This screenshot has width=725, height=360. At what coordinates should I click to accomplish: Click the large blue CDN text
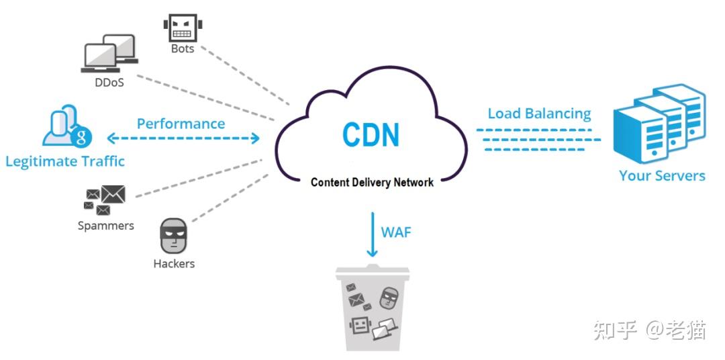coord(371,134)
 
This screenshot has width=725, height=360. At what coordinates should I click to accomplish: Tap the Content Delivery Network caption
coord(372,182)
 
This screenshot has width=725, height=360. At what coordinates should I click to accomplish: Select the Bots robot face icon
coord(183,28)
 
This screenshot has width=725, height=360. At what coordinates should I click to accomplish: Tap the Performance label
coord(181,124)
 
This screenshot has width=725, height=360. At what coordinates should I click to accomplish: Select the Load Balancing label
coord(539,114)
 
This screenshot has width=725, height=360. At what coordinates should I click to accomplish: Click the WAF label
coord(396,232)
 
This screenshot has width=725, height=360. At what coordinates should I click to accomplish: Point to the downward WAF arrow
coord(371,234)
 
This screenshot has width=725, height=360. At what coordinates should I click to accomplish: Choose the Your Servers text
coord(662,176)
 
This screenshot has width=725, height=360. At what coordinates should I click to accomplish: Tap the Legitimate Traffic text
coord(65,161)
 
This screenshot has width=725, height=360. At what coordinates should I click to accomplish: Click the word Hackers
coord(174,264)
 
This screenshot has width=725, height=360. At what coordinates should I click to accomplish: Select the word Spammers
coord(105,226)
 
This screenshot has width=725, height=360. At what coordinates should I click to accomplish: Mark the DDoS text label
coord(109,83)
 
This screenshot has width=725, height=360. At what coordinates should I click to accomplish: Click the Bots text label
coord(183,48)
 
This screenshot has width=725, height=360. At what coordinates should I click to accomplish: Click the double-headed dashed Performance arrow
coord(183,139)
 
